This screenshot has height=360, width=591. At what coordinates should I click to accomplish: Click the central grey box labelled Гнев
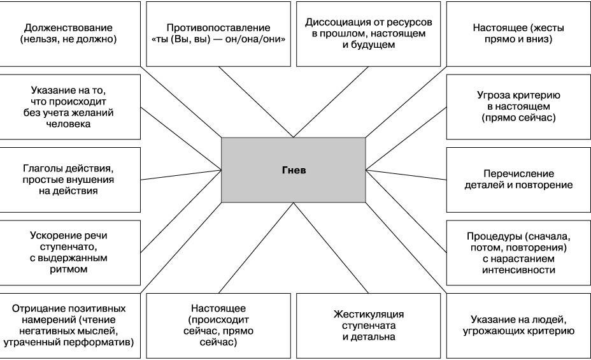(294, 170)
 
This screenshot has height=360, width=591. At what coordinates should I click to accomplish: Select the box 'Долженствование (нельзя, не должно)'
(70, 33)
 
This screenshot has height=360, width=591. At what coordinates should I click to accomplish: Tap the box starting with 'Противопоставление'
(218, 33)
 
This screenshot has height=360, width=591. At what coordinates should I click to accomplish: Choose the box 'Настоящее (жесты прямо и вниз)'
(518, 33)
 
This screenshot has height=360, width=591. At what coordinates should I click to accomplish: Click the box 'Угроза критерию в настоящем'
(518, 106)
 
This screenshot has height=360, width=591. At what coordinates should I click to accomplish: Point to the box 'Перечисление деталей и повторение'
(518, 179)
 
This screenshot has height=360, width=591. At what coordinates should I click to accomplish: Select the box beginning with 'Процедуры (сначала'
(518, 252)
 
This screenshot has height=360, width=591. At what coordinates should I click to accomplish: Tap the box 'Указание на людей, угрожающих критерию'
(518, 325)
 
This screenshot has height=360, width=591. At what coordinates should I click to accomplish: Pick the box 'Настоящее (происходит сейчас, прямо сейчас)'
(218, 325)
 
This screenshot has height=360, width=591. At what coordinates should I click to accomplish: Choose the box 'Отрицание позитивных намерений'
(70, 325)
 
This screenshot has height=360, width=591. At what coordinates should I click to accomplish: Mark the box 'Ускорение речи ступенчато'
(70, 252)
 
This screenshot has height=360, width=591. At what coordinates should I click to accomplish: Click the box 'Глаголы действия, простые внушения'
(70, 179)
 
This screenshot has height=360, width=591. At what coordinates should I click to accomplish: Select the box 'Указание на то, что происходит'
(70, 106)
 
